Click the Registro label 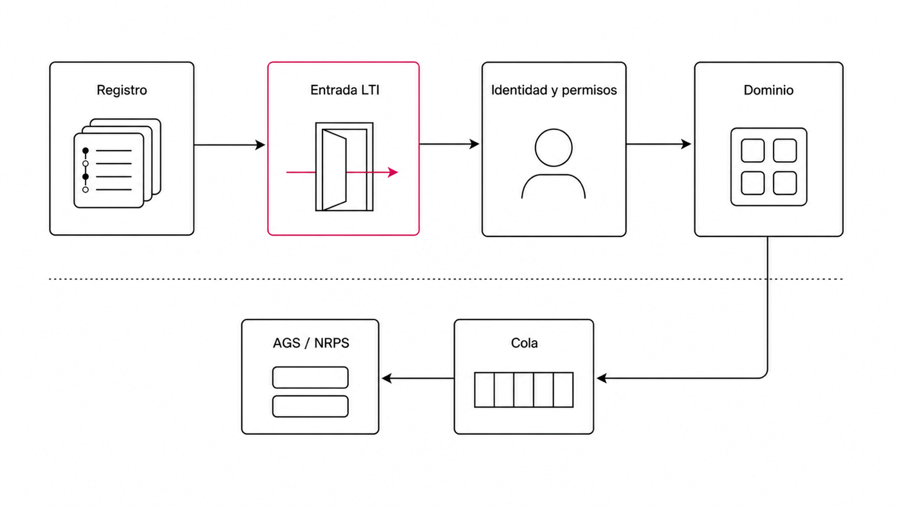pos(121,90)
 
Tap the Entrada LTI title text pos(345,90)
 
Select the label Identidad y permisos pos(553,91)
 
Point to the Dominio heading pos(768,90)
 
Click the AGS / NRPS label pos(310,343)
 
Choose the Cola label pos(524,343)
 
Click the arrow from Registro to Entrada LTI pos(229,144)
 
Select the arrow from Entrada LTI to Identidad pos(449,144)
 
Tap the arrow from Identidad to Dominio pos(659,144)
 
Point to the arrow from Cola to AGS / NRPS pos(418,378)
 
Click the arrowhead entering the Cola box pos(601,378)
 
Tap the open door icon pos(344,166)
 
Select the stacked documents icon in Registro pos(118,163)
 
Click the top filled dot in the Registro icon pos(85,151)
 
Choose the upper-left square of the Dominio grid pos(753,151)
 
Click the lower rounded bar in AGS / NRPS pos(310,406)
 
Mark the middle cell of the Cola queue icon pos(524,390)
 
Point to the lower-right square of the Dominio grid pos(785,183)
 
